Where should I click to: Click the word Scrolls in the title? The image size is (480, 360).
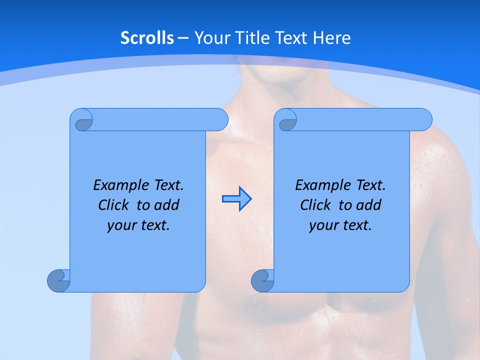(147, 38)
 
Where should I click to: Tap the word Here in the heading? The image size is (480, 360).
(332, 38)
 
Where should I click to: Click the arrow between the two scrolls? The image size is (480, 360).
(236, 199)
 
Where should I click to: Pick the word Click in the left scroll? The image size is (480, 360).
(114, 205)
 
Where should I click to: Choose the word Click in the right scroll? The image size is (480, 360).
(316, 205)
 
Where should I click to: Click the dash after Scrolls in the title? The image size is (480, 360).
(183, 38)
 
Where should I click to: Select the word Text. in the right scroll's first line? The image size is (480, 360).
(371, 185)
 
